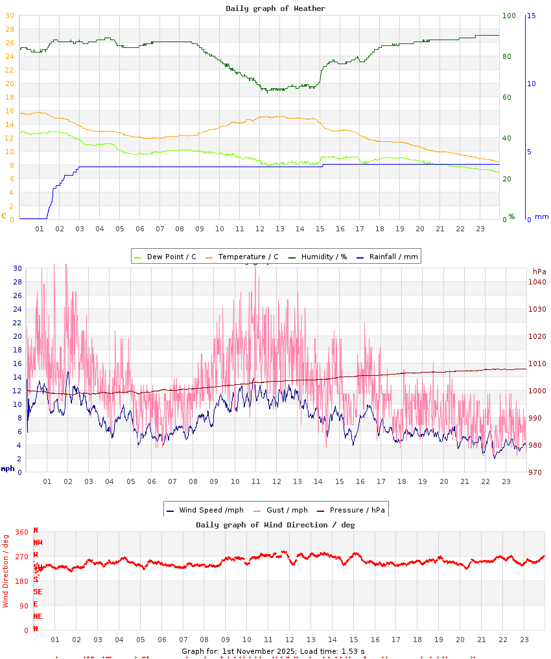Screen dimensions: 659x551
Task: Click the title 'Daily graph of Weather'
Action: [275, 8]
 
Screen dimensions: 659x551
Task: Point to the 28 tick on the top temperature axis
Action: [10, 29]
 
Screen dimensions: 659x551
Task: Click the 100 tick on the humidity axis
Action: [510, 16]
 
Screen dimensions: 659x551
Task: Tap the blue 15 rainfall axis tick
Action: [531, 16]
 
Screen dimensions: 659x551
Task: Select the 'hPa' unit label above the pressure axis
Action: [539, 271]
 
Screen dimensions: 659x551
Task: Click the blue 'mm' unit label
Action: [541, 216]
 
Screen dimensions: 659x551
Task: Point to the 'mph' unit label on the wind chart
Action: [8, 468]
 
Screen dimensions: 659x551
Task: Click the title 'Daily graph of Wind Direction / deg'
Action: [275, 525]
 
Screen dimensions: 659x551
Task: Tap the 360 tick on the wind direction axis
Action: [22, 532]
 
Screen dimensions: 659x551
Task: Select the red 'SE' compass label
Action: [38, 592]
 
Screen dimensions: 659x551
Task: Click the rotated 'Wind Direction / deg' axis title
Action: [6, 570]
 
